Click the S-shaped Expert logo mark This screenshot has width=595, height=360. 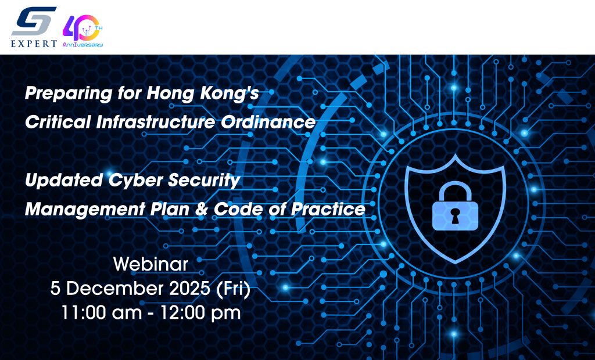coord(34,21)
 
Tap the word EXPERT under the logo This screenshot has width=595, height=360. coord(34,44)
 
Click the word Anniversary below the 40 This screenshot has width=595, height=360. coord(83,45)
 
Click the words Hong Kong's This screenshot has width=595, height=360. coord(203,93)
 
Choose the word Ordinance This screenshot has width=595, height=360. coord(268,122)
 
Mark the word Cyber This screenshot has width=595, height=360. coord(135,181)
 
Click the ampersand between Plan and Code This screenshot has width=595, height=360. coord(201,210)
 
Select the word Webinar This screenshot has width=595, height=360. coord(150,264)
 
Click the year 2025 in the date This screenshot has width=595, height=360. coord(189,289)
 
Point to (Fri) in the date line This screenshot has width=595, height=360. coord(233,289)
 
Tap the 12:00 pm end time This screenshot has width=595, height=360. coord(200,314)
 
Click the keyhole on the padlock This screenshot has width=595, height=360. coord(454,215)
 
